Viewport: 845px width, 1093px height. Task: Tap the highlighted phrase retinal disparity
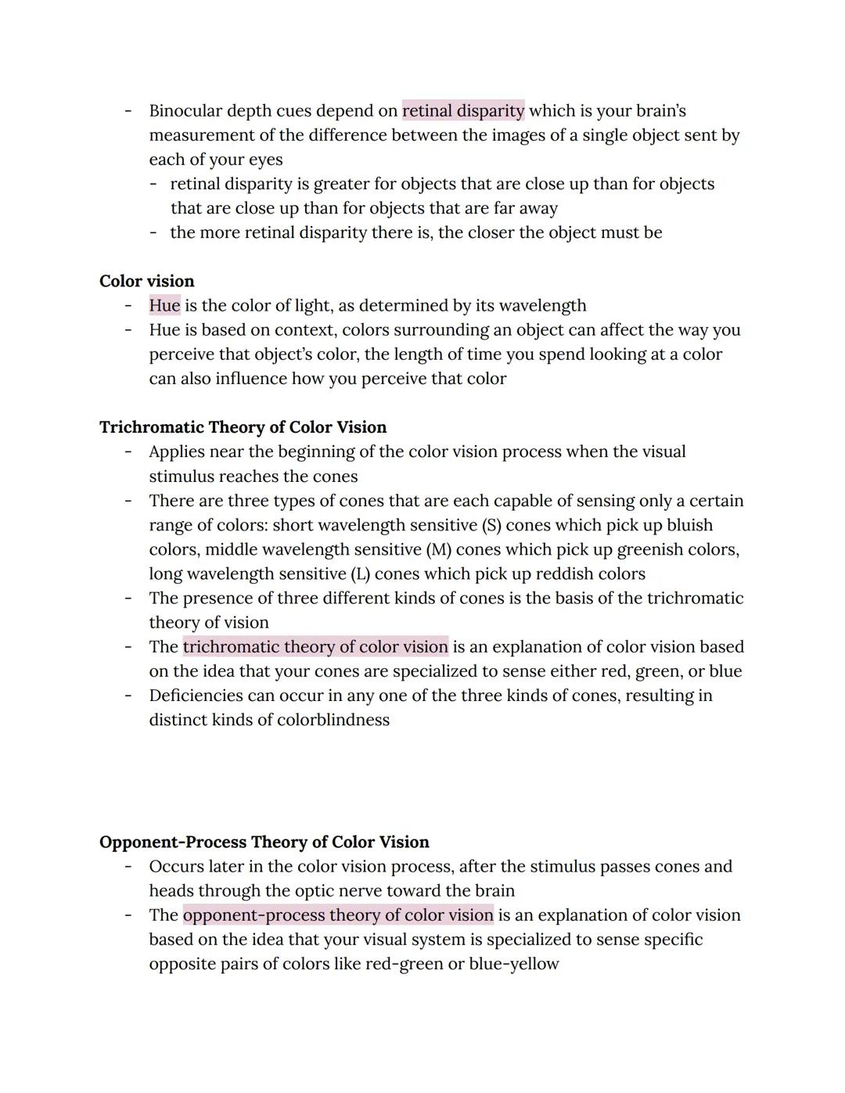point(463,111)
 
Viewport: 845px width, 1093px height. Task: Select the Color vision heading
point(147,281)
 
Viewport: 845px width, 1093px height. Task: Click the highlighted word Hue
point(164,305)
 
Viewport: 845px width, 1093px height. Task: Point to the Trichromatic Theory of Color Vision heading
point(243,427)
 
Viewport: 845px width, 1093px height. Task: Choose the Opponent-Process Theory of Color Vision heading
point(264,842)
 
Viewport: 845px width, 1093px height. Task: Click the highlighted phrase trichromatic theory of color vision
point(315,647)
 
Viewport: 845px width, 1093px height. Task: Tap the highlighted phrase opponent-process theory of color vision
point(338,915)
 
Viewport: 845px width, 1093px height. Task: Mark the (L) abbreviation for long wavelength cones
point(359,573)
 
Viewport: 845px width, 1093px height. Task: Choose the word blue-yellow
point(514,964)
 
